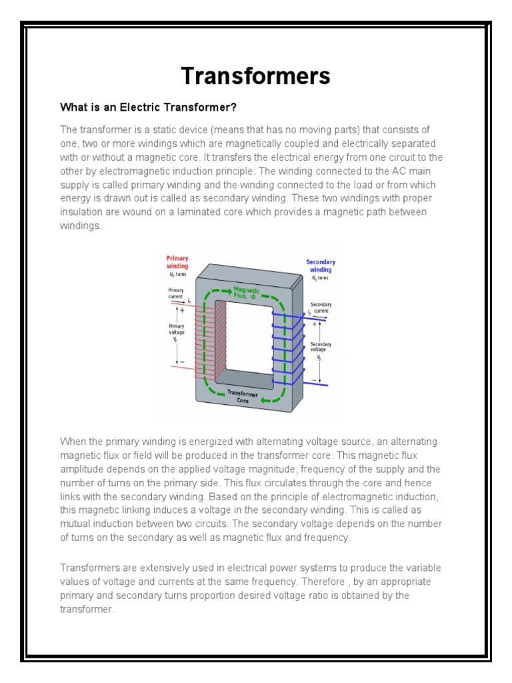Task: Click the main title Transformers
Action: click(x=256, y=76)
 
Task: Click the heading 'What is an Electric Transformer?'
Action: click(x=149, y=107)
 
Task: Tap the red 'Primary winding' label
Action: click(x=177, y=262)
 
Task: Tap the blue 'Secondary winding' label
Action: click(x=321, y=266)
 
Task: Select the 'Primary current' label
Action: click(x=176, y=293)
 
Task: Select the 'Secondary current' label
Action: click(x=321, y=307)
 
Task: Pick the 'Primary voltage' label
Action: click(x=176, y=330)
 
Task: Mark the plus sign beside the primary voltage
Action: click(x=182, y=310)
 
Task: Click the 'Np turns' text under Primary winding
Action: click(x=177, y=275)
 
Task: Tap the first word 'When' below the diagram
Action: click(x=73, y=442)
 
